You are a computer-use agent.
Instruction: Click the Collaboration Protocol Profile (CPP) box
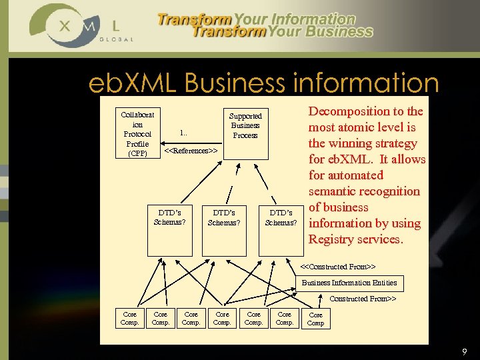coord(137,134)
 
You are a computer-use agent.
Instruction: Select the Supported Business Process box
coord(245,126)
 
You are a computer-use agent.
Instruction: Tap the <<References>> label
coord(191,151)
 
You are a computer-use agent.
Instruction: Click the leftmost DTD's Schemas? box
coord(169,217)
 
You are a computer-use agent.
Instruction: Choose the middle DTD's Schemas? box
coord(223,217)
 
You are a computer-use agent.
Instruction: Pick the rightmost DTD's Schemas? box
coord(281,217)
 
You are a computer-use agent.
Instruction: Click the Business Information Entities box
coord(349,283)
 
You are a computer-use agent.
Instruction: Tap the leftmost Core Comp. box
coord(129,318)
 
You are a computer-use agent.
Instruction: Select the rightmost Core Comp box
coord(315,319)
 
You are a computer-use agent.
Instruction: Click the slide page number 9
coord(465,351)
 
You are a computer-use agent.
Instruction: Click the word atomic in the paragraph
coord(360,127)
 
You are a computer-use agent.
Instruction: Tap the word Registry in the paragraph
coord(331,239)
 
